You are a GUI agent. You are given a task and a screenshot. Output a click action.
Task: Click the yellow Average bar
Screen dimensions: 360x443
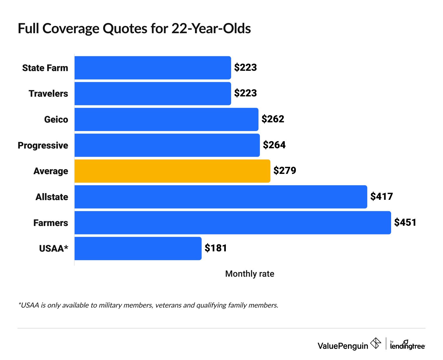point(172,171)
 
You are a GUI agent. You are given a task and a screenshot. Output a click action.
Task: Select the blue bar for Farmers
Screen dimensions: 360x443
point(233,223)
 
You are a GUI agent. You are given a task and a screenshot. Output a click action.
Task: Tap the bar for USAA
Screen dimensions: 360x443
point(138,248)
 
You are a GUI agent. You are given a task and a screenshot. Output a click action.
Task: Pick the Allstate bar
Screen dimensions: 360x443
point(221,197)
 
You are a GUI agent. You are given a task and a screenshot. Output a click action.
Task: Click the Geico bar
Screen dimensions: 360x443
point(166,119)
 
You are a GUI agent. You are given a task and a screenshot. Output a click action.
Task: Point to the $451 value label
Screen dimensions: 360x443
point(405,223)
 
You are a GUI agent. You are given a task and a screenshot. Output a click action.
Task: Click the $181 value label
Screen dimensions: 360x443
point(216,248)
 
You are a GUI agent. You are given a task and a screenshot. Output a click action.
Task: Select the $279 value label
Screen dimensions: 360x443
point(284,171)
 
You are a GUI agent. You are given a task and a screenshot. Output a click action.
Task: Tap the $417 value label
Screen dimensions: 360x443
point(382,197)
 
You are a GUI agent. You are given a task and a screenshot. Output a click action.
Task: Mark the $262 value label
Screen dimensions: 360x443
point(273,119)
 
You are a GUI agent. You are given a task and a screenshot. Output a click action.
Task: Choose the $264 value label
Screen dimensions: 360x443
point(274,145)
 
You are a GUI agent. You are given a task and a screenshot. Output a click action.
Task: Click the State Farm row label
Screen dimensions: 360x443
point(45,68)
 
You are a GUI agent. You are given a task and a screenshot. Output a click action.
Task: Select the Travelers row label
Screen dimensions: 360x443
point(48,93)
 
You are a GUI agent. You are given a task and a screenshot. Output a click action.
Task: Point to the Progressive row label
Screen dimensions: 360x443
point(43,145)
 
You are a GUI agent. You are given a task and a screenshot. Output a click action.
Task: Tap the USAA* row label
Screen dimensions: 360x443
point(54,248)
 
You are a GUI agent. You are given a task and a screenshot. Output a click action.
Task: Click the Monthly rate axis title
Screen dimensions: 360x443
point(249,274)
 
